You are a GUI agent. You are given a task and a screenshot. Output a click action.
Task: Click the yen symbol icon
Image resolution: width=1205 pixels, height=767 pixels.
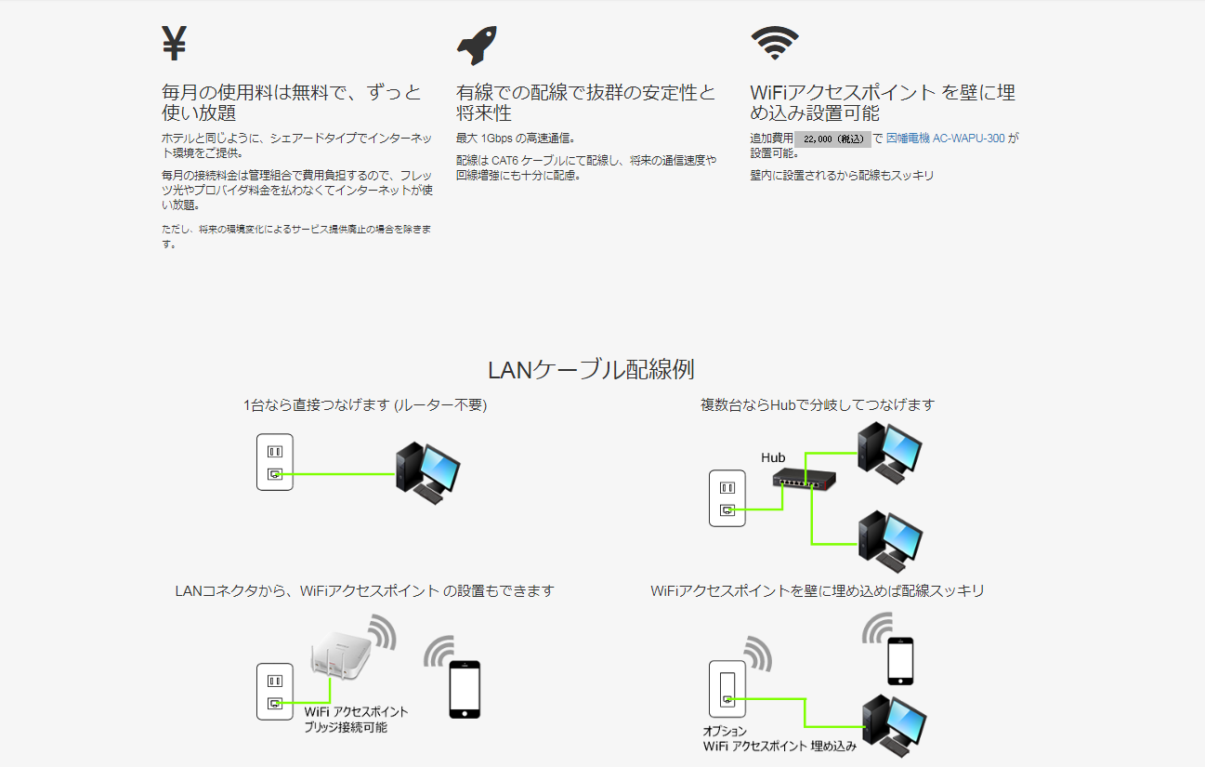coord(175,43)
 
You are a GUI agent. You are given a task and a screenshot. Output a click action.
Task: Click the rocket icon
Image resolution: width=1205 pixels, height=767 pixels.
coord(477,46)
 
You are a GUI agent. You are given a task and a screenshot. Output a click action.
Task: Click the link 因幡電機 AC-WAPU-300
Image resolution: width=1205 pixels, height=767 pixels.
coord(945,139)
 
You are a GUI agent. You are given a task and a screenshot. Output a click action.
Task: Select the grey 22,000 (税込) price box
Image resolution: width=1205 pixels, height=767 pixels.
coord(832,139)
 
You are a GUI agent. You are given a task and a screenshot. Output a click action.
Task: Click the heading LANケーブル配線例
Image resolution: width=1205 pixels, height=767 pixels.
coord(591,369)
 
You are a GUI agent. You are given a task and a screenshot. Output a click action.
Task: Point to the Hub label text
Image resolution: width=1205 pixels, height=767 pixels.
coord(773,457)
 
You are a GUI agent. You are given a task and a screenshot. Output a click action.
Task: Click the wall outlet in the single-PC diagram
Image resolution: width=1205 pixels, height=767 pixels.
coord(274,462)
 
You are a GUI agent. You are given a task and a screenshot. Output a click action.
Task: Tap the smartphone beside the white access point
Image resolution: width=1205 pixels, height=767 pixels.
coord(465,688)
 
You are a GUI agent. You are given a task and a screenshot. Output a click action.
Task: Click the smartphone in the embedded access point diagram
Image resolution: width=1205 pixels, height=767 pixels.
coord(900,660)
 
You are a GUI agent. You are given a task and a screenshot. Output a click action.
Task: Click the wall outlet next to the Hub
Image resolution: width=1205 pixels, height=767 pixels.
coord(727,498)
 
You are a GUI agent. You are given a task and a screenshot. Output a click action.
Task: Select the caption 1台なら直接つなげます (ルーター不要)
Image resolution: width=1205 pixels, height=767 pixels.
coord(365,405)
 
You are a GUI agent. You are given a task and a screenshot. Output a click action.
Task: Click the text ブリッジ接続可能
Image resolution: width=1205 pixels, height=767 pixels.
coord(346,727)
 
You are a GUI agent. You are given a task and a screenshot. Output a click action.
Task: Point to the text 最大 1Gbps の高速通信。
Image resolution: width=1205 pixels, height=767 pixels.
coord(516,139)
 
